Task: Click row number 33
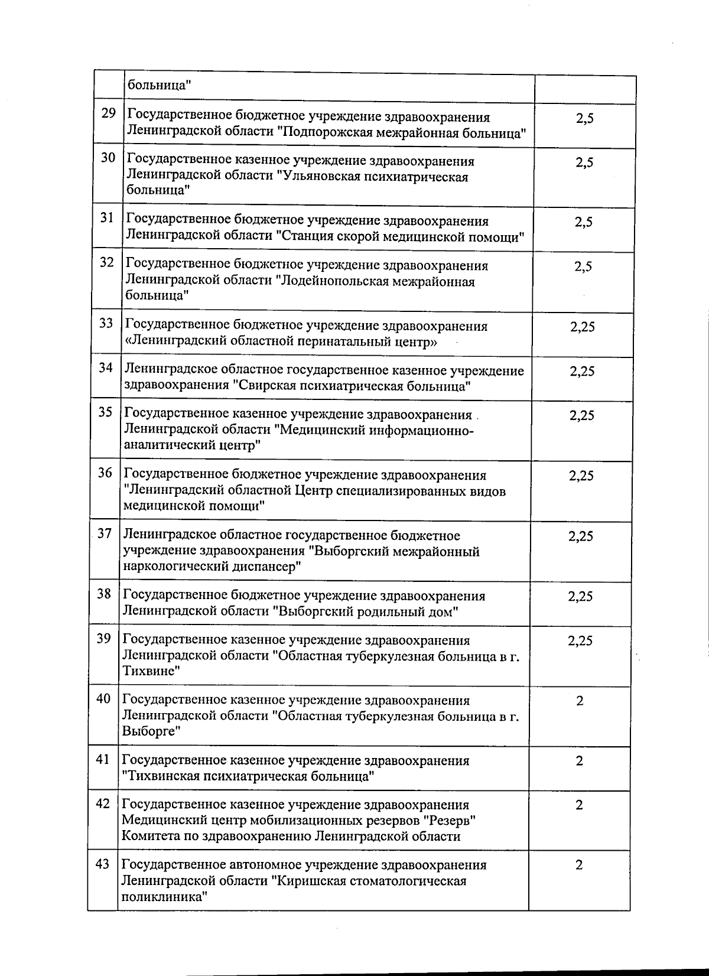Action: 106,323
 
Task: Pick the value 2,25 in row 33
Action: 583,327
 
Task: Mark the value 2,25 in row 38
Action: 581,597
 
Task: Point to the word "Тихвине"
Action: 150,671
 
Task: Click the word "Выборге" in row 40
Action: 151,731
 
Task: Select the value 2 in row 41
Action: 580,761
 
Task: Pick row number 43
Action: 102,864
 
